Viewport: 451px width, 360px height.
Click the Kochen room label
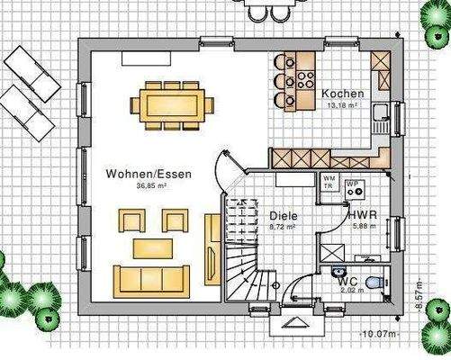(x=343, y=94)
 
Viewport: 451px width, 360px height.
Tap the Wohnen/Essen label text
(x=140, y=173)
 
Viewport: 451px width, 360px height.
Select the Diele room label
(x=283, y=217)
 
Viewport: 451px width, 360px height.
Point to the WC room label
(x=348, y=281)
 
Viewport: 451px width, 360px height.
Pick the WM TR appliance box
(x=329, y=184)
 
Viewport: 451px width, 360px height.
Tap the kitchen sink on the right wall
(x=383, y=113)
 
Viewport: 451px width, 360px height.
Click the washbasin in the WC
(x=338, y=270)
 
